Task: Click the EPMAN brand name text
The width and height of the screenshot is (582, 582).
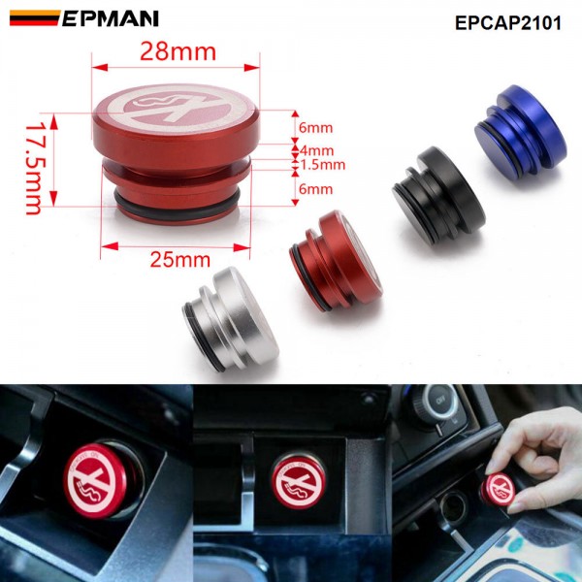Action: (x=111, y=18)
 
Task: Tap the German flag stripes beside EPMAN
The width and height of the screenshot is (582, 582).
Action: (x=35, y=17)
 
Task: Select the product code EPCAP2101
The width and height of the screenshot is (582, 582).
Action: (x=507, y=23)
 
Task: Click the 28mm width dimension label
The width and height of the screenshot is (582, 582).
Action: (x=178, y=52)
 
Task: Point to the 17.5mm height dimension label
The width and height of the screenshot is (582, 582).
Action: (x=34, y=169)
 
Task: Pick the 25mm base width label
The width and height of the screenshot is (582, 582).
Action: (x=180, y=259)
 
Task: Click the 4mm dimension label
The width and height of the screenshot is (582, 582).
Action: (x=316, y=150)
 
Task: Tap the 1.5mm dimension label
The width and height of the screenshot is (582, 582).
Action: (x=323, y=165)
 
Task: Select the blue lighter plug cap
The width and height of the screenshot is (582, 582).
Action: (x=521, y=126)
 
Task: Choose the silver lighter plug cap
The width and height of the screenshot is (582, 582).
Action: (x=231, y=319)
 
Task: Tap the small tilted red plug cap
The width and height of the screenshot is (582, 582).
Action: (x=336, y=261)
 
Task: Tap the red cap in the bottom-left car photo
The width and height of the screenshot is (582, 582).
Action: (x=96, y=480)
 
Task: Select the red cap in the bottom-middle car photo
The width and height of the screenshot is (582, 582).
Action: (x=299, y=481)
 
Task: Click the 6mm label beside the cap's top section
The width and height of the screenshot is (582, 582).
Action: (x=316, y=128)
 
